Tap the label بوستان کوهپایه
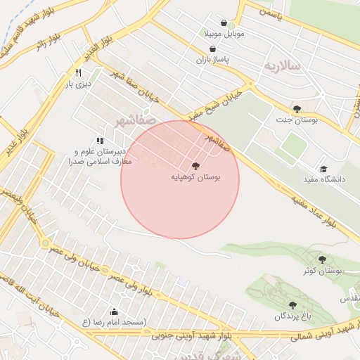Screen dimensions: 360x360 [195, 178]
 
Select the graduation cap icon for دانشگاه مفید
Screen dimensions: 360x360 [323, 169]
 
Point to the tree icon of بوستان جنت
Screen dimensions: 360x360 [297, 109]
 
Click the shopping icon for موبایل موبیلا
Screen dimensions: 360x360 [224, 22]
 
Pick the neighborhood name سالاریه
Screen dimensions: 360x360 [281, 65]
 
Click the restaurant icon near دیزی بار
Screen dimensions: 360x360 [78, 73]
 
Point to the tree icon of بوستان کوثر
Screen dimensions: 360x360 [322, 259]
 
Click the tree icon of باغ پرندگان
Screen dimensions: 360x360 [292, 305]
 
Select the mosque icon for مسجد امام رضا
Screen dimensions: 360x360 [114, 311]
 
